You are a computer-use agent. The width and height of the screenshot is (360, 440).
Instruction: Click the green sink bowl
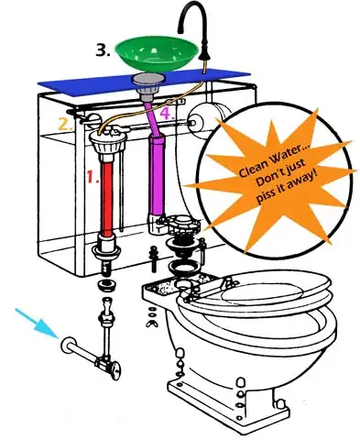click(157, 53)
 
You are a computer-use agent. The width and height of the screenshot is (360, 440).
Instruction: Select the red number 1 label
click(92, 177)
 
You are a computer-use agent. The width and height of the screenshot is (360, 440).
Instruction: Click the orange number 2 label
click(65, 125)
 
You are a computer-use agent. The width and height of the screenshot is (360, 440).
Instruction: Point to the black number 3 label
click(103, 50)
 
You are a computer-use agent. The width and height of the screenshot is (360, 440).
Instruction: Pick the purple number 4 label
click(168, 114)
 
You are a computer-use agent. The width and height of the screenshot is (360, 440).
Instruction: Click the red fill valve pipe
click(107, 199)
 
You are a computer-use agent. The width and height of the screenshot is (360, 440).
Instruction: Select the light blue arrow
click(38, 324)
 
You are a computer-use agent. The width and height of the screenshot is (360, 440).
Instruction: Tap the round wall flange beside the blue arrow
click(68, 346)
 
